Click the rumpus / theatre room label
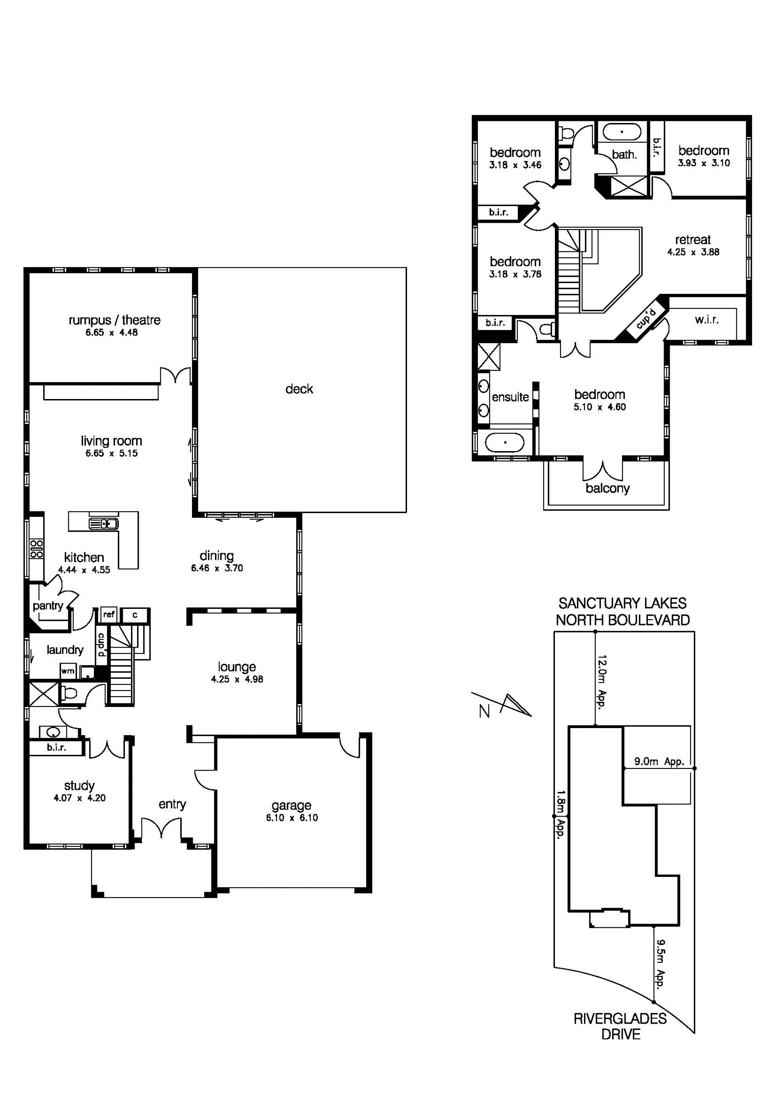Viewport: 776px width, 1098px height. click(114, 320)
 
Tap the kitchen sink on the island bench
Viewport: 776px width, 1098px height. click(103, 524)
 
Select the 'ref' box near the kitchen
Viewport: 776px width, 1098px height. click(109, 614)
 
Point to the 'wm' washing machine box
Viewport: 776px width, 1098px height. click(68, 671)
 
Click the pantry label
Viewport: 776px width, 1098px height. click(48, 606)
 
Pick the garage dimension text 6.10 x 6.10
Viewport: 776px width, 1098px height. click(292, 818)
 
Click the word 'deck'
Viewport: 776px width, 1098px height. click(299, 389)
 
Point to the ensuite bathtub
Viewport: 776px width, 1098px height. click(505, 443)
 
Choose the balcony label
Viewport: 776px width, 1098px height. click(608, 488)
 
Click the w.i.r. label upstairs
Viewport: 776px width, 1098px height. click(706, 319)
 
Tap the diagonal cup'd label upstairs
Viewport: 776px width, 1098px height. click(646, 318)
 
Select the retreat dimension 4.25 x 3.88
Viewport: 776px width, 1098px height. click(693, 252)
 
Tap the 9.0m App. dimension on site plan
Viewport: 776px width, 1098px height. click(659, 761)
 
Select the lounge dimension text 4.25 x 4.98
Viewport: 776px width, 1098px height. click(237, 679)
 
